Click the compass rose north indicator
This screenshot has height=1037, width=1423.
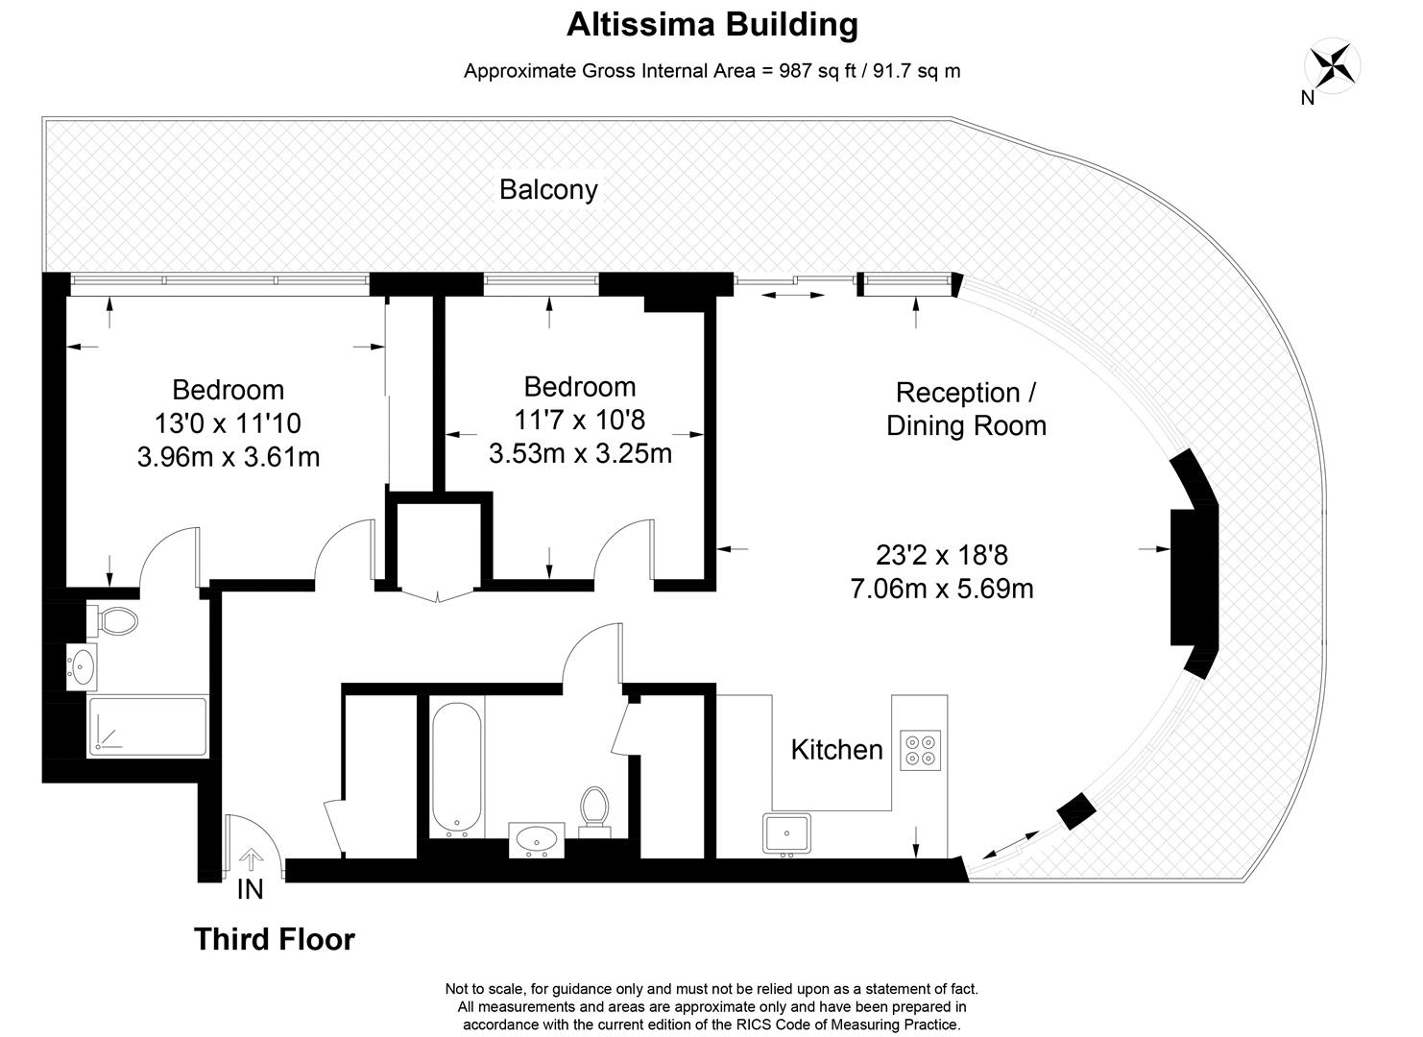1332,66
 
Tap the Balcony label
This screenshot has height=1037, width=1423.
548,189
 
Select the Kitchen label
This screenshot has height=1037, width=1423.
836,750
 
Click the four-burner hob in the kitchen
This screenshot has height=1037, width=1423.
920,751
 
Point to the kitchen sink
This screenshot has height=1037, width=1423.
787,833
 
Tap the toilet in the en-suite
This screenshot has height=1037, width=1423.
113,620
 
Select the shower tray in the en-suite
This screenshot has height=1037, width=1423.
147,726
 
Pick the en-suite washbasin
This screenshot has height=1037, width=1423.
82,666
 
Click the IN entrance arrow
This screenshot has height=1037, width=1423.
251,859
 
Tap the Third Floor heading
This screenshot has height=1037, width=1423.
275,939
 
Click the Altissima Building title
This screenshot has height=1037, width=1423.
712,25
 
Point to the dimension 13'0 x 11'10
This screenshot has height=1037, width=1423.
228,423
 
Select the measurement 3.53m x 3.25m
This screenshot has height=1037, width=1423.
580,453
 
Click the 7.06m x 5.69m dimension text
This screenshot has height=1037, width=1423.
942,589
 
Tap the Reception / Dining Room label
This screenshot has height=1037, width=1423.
966,409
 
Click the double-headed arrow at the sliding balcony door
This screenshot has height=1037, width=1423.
793,295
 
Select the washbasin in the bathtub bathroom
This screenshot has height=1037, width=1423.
537,840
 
